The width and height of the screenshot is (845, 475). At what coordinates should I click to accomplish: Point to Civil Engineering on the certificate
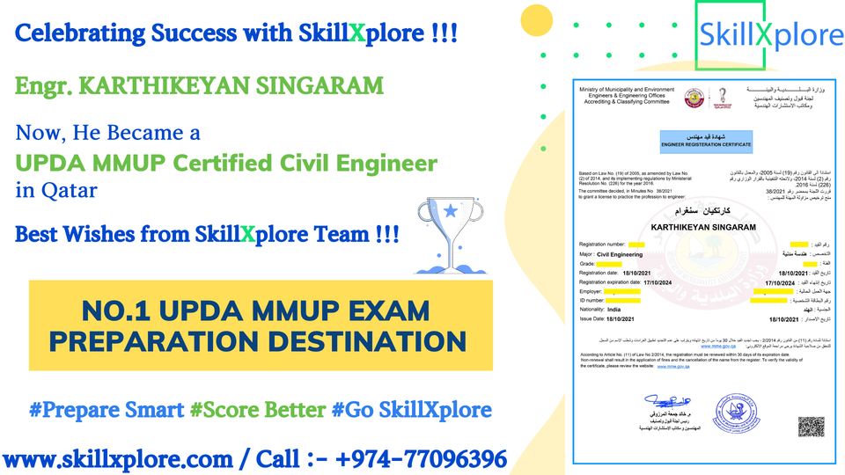pos(632,252)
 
